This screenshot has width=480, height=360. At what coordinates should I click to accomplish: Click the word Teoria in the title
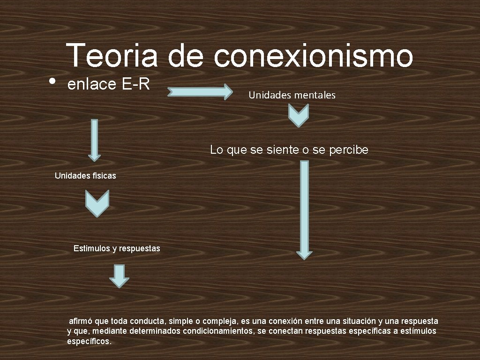[x=112, y=55]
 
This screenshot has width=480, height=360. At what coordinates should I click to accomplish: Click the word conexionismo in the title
[x=313, y=55]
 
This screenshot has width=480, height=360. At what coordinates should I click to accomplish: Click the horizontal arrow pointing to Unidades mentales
[x=200, y=91]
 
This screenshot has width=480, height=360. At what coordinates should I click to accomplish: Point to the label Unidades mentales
[x=292, y=95]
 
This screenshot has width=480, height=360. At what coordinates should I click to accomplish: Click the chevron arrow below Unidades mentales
[x=298, y=115]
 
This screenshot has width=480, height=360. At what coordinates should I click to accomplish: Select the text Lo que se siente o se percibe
[x=289, y=150]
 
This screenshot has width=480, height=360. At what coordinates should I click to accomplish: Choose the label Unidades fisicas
[x=85, y=176]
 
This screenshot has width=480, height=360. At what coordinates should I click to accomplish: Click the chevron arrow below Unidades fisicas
[x=97, y=203]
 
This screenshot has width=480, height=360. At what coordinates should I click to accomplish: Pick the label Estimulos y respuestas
[x=117, y=248]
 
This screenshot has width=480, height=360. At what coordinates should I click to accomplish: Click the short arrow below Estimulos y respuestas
[x=119, y=276]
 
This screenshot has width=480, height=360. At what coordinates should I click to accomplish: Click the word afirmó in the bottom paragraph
[x=81, y=321]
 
